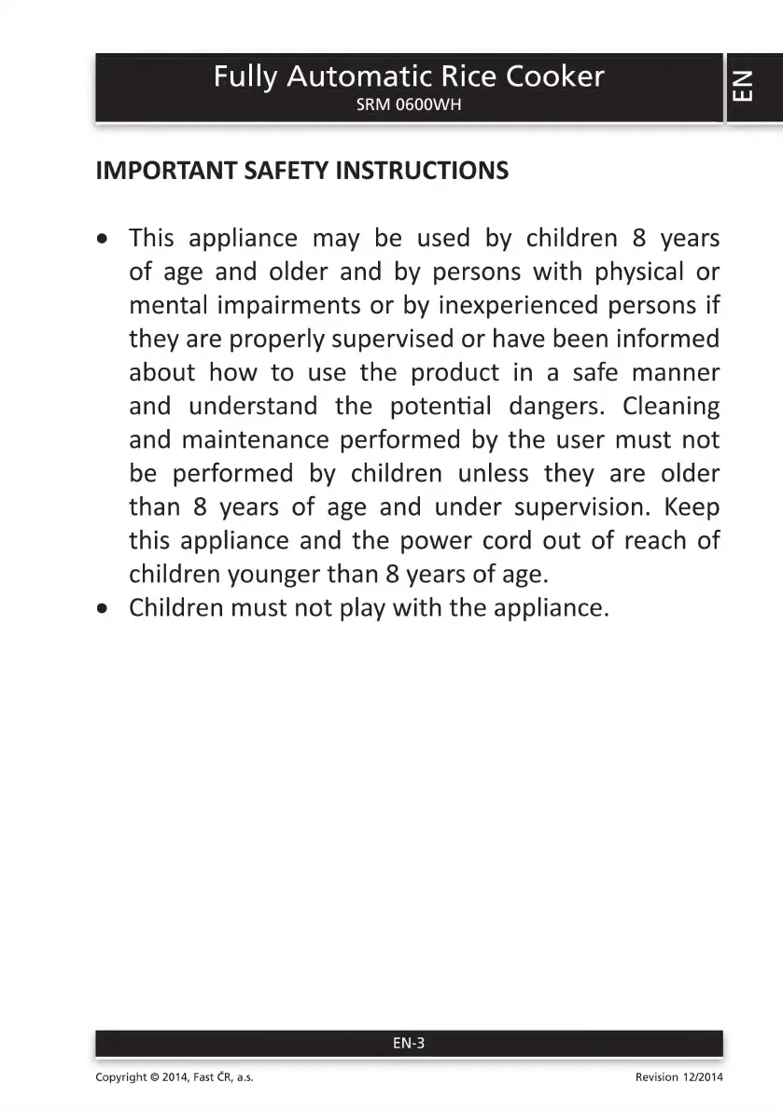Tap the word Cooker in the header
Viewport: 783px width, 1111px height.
[555, 76]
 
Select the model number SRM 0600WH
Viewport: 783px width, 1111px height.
[409, 105]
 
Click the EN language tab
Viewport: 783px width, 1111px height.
[743, 88]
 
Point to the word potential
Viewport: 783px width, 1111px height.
[433, 407]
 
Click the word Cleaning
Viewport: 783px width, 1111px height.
[671, 407]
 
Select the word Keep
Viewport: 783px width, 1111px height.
[692, 507]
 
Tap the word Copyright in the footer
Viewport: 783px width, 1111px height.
[121, 1077]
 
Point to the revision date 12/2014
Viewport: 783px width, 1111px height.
[703, 1077]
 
